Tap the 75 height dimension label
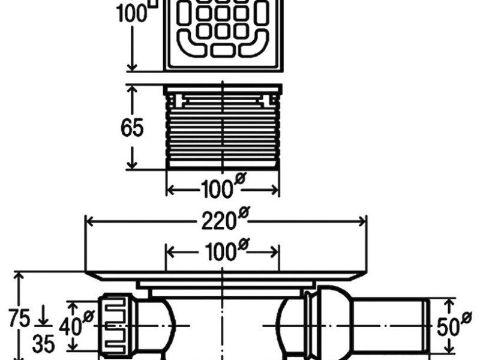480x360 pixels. [x=20, y=318]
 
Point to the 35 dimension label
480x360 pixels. [x=44, y=344]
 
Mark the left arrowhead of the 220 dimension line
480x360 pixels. [x=89, y=221]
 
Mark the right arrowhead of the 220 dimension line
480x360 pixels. [x=362, y=221]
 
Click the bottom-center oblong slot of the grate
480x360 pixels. [x=223, y=50]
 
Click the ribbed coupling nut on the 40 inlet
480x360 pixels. [x=116, y=325]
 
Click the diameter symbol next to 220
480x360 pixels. [x=244, y=212]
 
